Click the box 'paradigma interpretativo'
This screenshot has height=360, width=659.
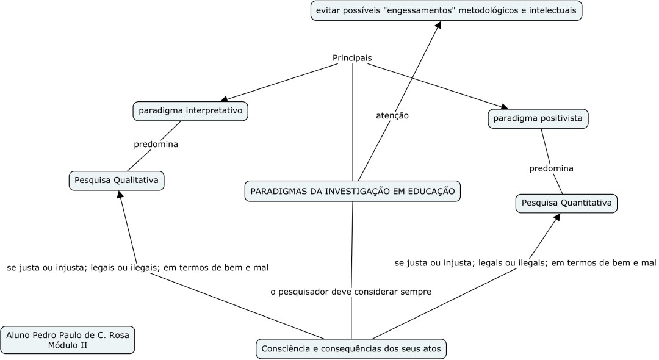(x=190, y=111)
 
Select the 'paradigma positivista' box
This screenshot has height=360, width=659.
(x=538, y=118)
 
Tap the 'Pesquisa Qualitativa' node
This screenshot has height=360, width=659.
(x=117, y=181)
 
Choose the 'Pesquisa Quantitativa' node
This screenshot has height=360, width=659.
(x=566, y=203)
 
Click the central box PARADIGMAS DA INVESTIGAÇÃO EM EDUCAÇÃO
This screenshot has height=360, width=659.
(x=352, y=191)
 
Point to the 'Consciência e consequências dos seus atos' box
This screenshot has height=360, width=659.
(x=351, y=349)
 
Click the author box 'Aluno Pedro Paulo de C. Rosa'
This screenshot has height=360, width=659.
(x=68, y=335)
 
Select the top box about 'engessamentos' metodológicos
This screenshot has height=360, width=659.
(x=446, y=10)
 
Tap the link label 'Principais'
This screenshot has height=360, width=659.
(x=352, y=58)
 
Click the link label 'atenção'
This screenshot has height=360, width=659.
(x=392, y=115)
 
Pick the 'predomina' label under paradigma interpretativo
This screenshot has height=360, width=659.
(x=156, y=145)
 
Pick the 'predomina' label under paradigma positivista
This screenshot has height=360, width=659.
(x=551, y=168)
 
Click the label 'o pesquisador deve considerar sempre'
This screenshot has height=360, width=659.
(x=351, y=292)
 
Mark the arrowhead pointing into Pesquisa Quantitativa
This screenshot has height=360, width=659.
(x=556, y=218)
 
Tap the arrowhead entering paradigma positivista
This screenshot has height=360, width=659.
(x=505, y=106)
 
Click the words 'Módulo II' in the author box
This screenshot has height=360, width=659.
(x=68, y=345)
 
